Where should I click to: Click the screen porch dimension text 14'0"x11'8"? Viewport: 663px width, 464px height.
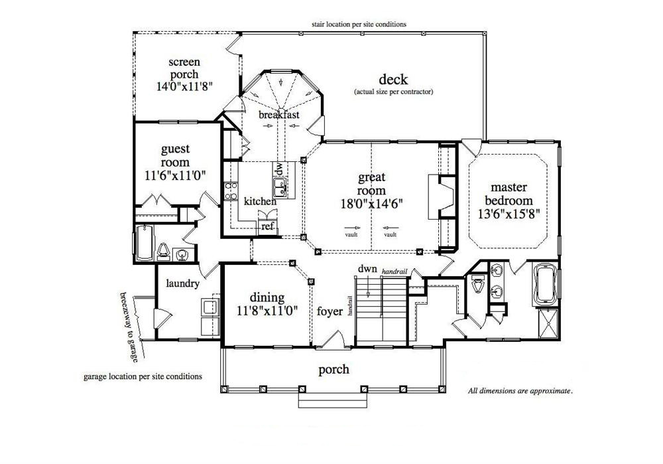click(184, 86)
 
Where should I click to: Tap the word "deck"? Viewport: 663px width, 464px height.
click(393, 79)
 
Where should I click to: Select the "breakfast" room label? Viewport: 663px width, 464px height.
click(278, 115)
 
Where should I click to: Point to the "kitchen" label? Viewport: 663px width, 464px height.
click(259, 201)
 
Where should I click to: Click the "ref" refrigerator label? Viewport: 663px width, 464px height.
click(267, 226)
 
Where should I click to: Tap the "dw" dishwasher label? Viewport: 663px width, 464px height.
click(279, 169)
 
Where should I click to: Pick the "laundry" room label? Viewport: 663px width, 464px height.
click(182, 283)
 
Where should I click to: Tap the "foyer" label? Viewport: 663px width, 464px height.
click(329, 311)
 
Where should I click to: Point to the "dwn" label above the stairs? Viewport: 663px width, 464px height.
click(368, 269)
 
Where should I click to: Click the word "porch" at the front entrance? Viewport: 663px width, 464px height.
click(333, 369)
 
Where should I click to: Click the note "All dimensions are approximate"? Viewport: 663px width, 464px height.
click(520, 391)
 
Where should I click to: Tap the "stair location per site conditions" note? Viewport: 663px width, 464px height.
click(359, 24)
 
